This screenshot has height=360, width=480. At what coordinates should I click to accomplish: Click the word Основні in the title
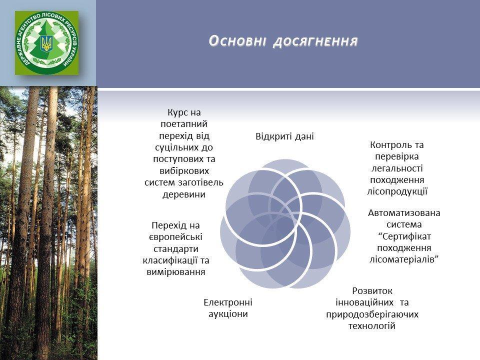point(237,41)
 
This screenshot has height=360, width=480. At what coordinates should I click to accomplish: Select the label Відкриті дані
point(284,136)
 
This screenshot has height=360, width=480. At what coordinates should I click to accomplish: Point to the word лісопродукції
point(397,191)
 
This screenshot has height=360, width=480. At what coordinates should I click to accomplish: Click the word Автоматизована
point(404,213)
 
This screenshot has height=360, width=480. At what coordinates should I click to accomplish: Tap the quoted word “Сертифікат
point(404,236)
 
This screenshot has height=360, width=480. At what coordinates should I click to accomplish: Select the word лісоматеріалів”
point(404,259)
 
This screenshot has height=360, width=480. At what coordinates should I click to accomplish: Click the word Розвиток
point(372,290)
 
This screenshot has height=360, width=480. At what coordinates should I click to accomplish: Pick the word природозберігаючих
point(372,314)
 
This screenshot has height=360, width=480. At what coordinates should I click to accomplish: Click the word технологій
point(372,325)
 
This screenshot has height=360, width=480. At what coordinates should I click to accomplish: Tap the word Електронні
point(228,302)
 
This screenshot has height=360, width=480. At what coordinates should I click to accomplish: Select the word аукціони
point(228,314)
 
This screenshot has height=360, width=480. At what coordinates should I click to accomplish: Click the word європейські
point(175,237)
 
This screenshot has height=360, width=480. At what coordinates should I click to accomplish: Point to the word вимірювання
point(176,272)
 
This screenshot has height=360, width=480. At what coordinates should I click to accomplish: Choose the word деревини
point(183,194)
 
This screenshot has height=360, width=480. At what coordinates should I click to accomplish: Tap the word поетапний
point(184,124)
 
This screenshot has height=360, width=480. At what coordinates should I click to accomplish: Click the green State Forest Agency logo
point(46,43)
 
